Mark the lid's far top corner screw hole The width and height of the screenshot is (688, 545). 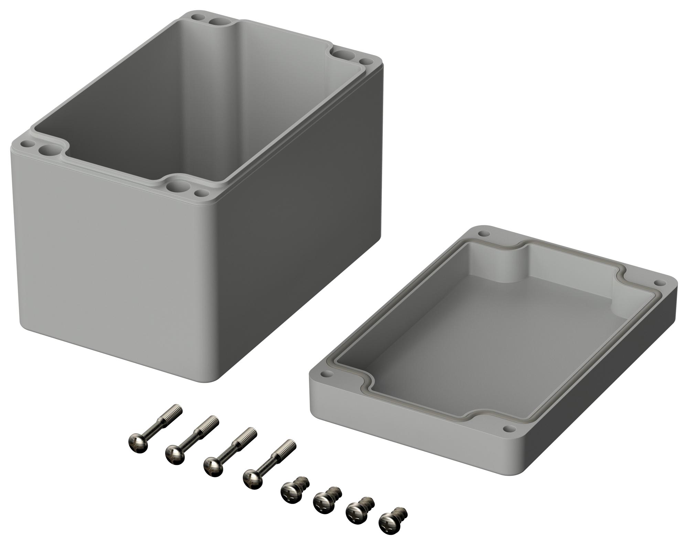click(483, 234)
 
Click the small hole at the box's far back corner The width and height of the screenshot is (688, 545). click(197, 16)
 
